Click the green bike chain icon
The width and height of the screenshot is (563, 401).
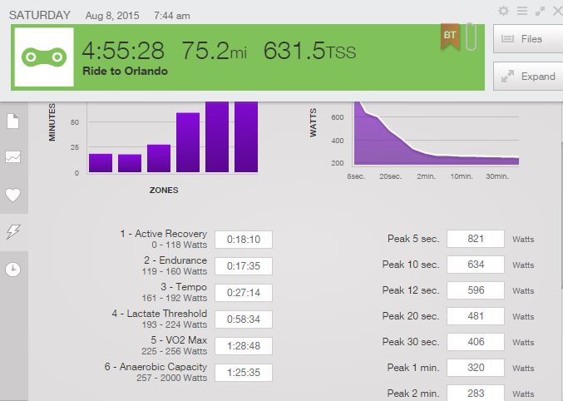(x=44, y=57)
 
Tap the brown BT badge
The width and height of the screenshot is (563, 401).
(x=450, y=36)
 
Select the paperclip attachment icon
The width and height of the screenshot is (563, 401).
(x=471, y=38)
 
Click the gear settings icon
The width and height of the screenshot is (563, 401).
(x=503, y=11)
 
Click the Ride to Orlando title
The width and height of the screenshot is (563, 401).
(x=125, y=72)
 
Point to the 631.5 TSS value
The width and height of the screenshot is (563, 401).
(x=309, y=52)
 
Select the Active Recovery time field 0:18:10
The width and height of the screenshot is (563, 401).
(x=244, y=240)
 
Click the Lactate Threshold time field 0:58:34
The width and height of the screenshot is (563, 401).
(x=244, y=319)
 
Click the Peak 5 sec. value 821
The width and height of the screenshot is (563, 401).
(x=476, y=239)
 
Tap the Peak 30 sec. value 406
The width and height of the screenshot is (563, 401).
(x=476, y=342)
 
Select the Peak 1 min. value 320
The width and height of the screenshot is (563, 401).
(x=476, y=368)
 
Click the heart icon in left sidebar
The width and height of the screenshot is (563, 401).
(x=13, y=195)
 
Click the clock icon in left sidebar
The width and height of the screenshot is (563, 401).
(x=13, y=269)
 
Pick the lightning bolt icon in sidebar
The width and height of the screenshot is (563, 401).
(x=13, y=231)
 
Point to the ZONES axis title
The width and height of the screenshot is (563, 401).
(x=164, y=190)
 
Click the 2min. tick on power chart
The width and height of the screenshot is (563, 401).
(x=426, y=176)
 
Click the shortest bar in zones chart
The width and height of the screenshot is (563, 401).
(x=130, y=163)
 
